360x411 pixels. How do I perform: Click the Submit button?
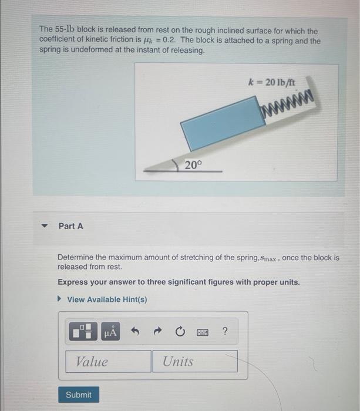[79, 395]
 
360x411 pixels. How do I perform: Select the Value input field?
[109, 362]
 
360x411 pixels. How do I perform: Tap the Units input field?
[195, 362]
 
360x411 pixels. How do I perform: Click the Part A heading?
[71, 225]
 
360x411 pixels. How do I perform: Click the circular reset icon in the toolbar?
[179, 332]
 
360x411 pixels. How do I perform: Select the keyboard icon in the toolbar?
[203, 332]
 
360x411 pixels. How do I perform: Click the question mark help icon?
[226, 332]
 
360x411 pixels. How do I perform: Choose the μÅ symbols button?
[111, 332]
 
